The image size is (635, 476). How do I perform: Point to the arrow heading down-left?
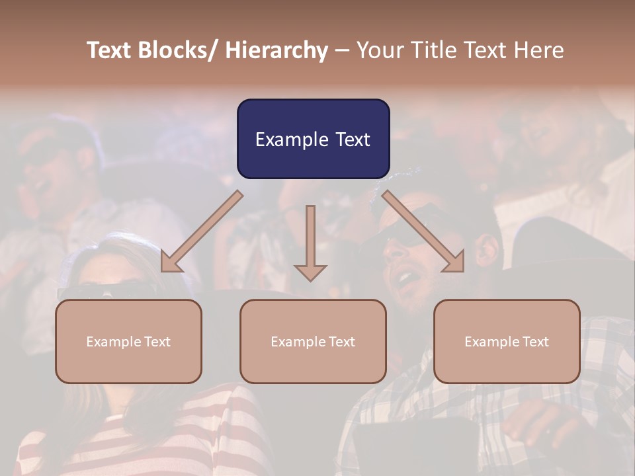202,231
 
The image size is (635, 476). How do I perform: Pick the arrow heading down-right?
423,231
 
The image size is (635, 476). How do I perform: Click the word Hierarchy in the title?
276,50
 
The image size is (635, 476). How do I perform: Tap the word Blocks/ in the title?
179,50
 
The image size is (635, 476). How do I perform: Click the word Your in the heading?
379,50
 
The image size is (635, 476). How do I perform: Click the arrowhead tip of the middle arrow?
310,280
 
